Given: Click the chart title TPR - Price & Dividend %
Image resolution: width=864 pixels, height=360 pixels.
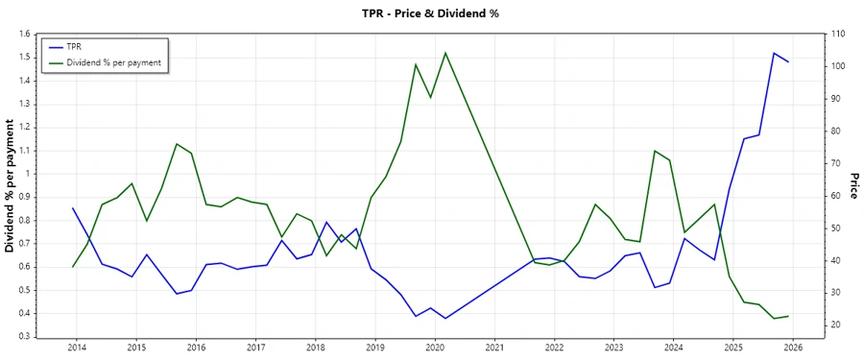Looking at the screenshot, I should [430, 13].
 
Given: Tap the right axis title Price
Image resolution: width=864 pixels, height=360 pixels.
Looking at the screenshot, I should [853, 186].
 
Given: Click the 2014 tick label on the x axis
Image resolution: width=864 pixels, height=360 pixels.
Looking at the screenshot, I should [77, 347].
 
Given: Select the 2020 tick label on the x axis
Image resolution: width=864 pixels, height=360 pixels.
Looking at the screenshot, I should [435, 347].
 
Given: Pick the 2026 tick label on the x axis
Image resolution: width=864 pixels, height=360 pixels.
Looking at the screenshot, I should [793, 347].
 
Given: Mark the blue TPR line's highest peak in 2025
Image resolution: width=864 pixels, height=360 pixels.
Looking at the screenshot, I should [774, 53].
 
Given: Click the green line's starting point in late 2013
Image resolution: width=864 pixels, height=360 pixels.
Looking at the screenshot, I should [73, 266].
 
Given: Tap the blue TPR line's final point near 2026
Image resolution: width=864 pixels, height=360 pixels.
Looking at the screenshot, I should [788, 61].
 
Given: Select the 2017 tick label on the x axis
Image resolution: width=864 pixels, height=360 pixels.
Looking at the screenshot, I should [255, 347].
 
